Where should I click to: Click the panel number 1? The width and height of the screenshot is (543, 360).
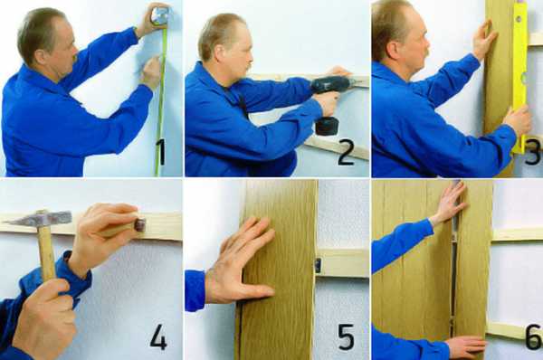pyautogui.click(x=160, y=152)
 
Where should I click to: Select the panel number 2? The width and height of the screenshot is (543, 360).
pyautogui.click(x=346, y=152)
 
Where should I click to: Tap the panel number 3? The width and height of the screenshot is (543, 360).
pyautogui.click(x=533, y=151)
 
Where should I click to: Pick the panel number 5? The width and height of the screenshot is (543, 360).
pyautogui.click(x=346, y=336)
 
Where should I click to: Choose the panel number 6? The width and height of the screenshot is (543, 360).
pyautogui.click(x=534, y=336)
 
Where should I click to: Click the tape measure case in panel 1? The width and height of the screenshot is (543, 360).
pyautogui.click(x=159, y=16)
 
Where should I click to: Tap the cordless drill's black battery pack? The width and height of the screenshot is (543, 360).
pyautogui.click(x=327, y=126)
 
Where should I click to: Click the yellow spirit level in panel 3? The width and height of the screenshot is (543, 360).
pyautogui.click(x=520, y=77)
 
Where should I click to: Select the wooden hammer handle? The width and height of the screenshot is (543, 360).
pyautogui.click(x=46, y=251)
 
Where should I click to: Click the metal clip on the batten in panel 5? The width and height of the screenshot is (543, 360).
pyautogui.click(x=318, y=264)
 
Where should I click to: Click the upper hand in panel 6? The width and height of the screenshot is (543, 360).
pyautogui.click(x=449, y=202)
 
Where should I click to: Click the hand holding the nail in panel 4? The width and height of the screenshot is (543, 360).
pyautogui.click(x=105, y=234)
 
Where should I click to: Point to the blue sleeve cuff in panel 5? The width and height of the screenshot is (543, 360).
pyautogui.click(x=195, y=290)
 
